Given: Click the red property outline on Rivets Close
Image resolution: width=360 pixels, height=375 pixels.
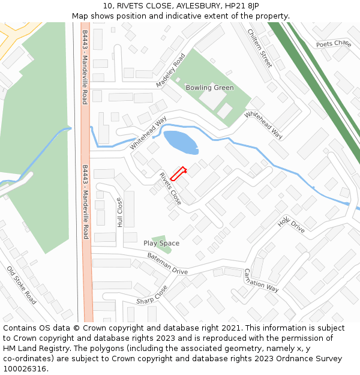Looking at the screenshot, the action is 178,173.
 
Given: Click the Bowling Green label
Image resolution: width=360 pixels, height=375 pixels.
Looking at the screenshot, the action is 209,88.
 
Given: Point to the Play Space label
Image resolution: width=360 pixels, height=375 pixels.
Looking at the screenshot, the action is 161,243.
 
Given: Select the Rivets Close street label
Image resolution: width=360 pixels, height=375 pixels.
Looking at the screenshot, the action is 170,188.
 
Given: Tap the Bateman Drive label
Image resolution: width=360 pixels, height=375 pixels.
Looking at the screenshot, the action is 167,264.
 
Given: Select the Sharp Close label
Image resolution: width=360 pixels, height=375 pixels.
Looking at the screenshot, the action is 152,294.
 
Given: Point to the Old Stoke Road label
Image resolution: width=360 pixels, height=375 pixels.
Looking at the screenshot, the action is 22,285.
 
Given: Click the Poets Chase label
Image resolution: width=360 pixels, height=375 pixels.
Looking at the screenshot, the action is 334,44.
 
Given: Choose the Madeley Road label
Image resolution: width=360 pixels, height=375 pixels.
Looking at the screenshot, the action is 171,71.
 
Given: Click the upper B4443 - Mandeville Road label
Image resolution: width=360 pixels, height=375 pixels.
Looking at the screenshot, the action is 85,67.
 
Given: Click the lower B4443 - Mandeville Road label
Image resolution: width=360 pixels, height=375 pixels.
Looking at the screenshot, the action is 85,202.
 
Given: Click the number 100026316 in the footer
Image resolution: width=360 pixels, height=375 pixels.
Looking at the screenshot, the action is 26,368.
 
